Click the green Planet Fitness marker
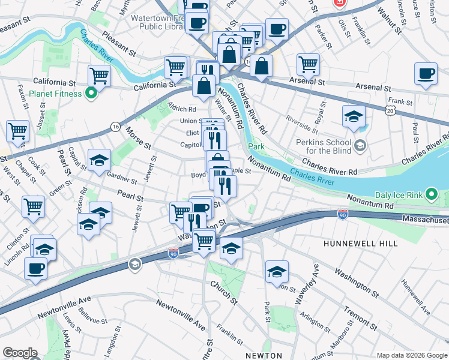pyautogui.click(x=91, y=94)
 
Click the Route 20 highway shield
pyautogui.click(x=391, y=112)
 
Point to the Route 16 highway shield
pyautogui.click(x=115, y=127)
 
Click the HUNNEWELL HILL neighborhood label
pyautogui.click(x=360, y=244)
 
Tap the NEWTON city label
pyautogui.click(x=264, y=355)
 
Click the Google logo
pyautogui.click(x=20, y=353)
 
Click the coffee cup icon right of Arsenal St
pyautogui.click(x=426, y=74)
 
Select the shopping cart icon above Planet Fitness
pyautogui.click(x=99, y=76)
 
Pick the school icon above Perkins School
pyautogui.click(x=354, y=116)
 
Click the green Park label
pyautogui.click(x=256, y=146)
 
